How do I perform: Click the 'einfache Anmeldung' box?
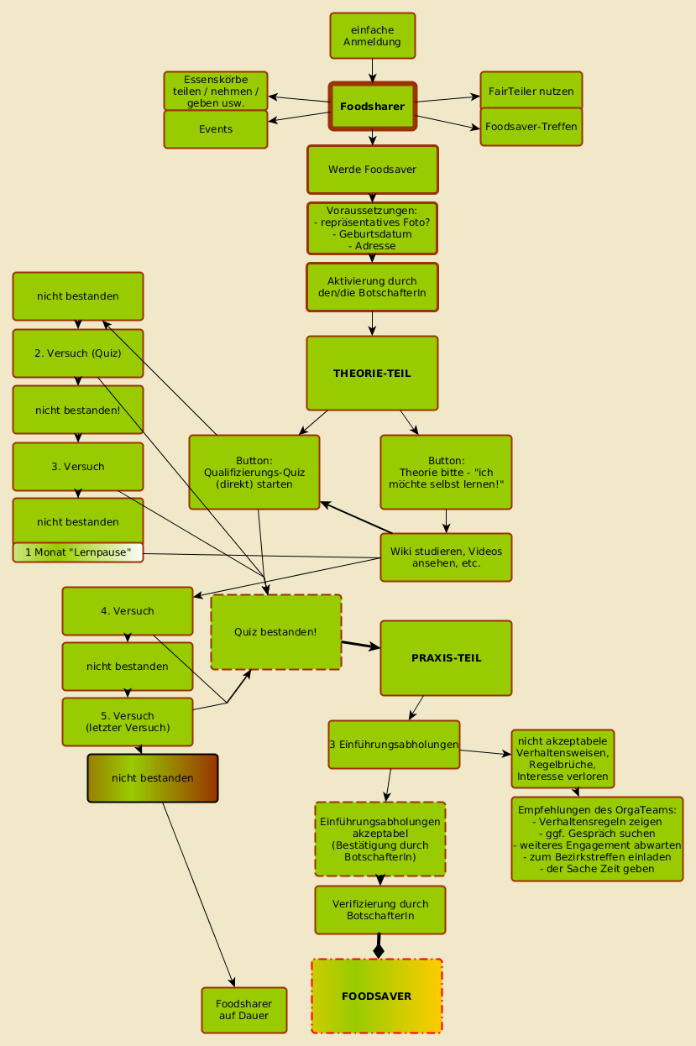(x=372, y=36)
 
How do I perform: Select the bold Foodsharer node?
(x=372, y=107)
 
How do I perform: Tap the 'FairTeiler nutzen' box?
(x=531, y=91)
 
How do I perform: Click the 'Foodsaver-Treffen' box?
(x=531, y=127)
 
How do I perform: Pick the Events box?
(x=216, y=129)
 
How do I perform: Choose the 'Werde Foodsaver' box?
(x=372, y=170)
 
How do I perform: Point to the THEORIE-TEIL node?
(x=372, y=373)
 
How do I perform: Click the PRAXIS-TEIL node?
(x=446, y=657)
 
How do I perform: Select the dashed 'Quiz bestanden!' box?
(x=275, y=631)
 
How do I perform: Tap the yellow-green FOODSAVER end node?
(x=376, y=996)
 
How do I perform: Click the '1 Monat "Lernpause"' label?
(x=78, y=552)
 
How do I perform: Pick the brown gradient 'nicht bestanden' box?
(x=153, y=778)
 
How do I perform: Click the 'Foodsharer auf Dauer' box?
(x=243, y=1010)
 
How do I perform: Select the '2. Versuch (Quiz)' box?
(x=78, y=353)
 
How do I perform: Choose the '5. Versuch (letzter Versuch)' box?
(x=128, y=721)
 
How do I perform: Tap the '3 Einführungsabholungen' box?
(x=394, y=745)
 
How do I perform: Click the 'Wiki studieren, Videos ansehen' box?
(x=446, y=557)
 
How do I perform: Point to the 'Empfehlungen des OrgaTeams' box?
(x=596, y=839)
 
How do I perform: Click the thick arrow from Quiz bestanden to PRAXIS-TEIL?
(x=360, y=645)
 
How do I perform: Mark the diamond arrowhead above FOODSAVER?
(x=379, y=949)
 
